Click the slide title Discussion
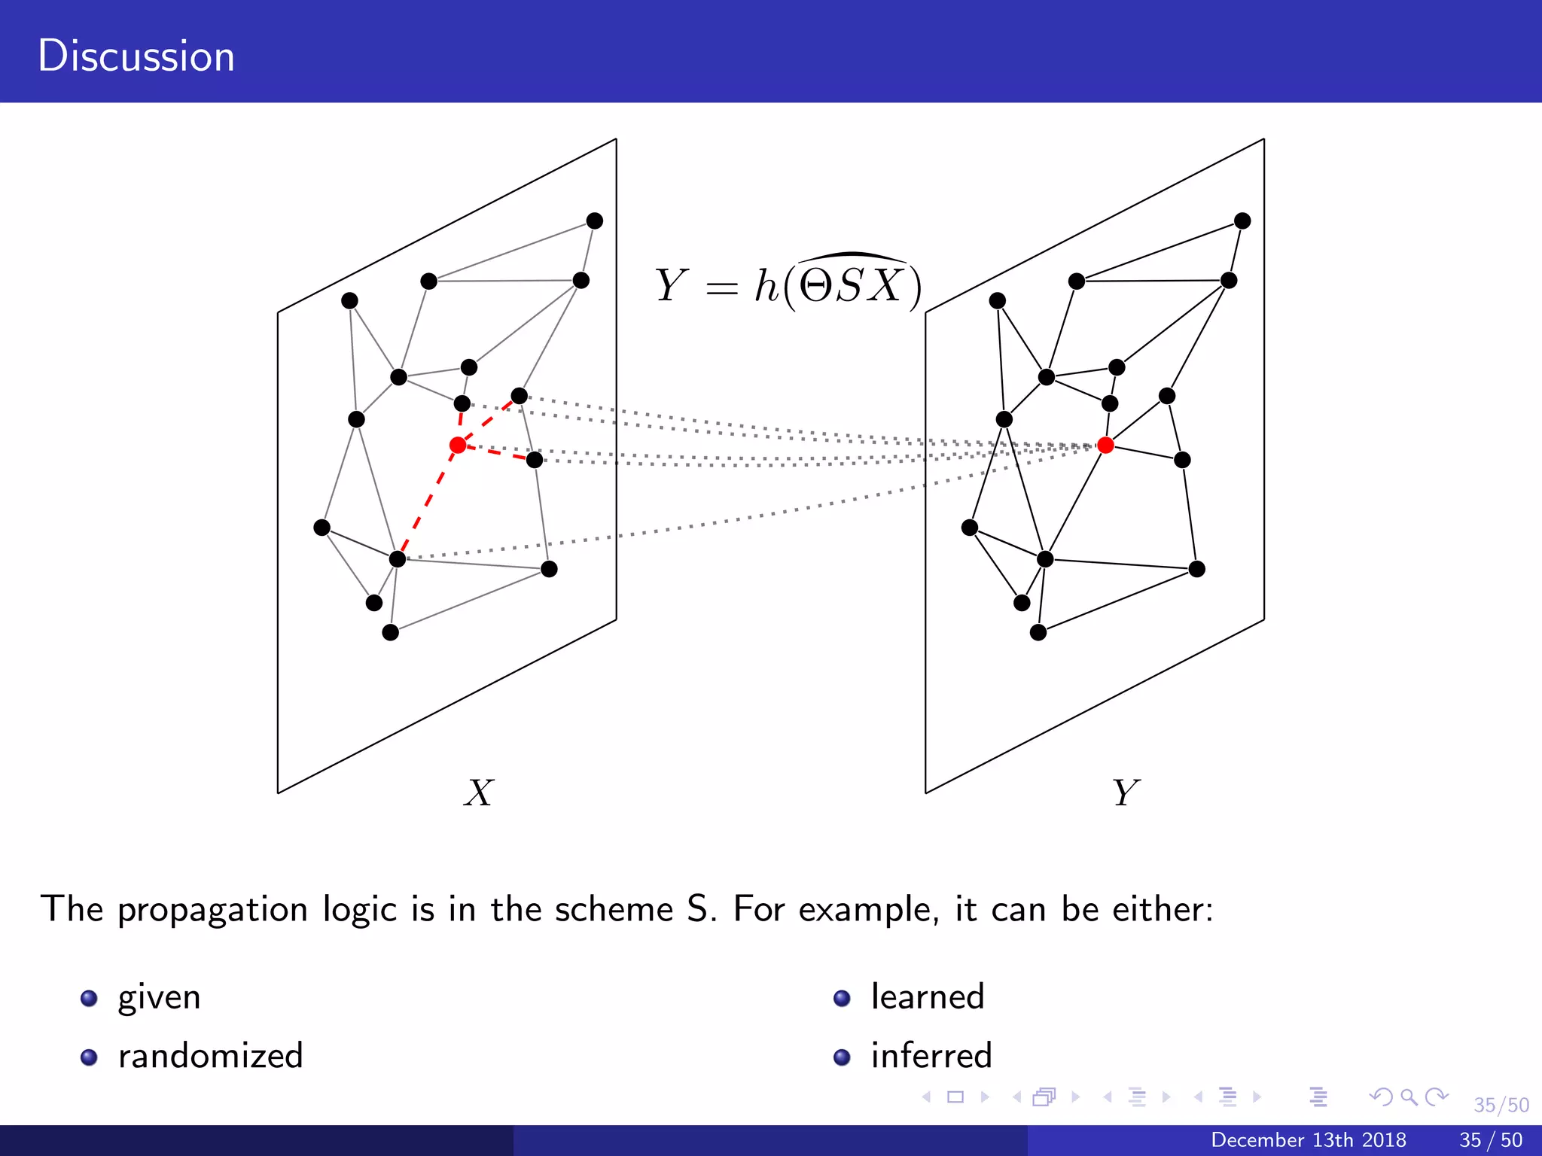click(x=136, y=56)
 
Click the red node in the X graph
click(x=458, y=446)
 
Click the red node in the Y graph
click(x=1105, y=446)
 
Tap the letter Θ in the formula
click(x=815, y=287)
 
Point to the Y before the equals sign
click(x=670, y=287)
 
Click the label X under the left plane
click(x=479, y=793)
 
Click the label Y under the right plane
click(x=1126, y=793)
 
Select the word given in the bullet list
click(x=159, y=998)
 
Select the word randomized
click(x=210, y=1056)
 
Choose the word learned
click(x=927, y=997)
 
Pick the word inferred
click(x=931, y=1056)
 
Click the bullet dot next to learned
click(x=842, y=999)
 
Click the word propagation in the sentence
click(x=212, y=911)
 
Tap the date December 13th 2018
click(x=1308, y=1140)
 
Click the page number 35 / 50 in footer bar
click(x=1490, y=1140)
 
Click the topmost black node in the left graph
click(x=594, y=221)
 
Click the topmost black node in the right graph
click(x=1242, y=221)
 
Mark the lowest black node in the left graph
click(x=390, y=632)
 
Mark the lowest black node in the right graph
click(x=1038, y=632)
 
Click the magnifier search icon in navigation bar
click(x=1409, y=1097)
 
